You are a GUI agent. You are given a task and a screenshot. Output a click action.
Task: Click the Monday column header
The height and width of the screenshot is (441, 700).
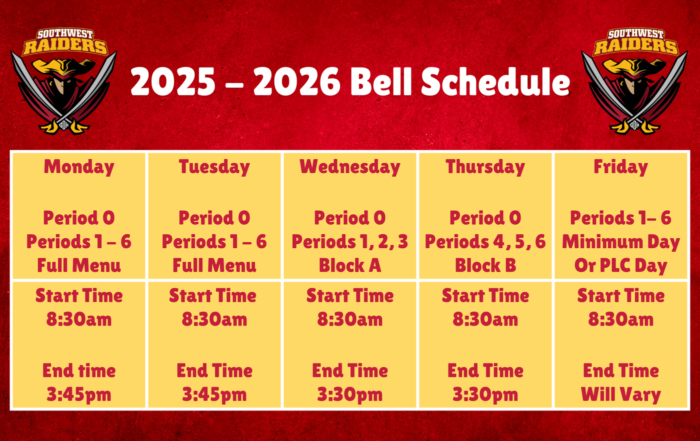point(79,167)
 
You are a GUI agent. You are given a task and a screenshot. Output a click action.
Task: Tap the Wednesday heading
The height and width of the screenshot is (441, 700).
point(350,167)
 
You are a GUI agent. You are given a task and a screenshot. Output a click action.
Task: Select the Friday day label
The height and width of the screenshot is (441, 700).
point(620,167)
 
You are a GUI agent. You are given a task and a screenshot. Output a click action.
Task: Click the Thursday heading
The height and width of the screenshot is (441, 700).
point(485,167)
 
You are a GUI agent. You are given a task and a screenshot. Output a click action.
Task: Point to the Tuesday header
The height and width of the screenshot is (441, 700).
point(214,167)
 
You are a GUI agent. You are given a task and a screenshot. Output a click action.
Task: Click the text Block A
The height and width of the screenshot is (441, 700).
point(350,265)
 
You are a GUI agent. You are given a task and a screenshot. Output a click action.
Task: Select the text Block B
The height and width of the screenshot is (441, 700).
point(485,265)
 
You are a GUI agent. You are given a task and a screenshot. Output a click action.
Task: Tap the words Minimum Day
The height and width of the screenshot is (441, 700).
point(621,242)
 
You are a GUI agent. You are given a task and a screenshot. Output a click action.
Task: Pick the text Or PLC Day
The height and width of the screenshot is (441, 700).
point(621,266)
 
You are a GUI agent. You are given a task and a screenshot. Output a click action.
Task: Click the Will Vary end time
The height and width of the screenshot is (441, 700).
point(621,394)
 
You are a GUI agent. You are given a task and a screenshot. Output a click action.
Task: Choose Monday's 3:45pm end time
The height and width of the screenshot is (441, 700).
point(79,394)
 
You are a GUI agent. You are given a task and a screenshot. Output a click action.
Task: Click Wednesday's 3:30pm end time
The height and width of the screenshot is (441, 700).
point(350,394)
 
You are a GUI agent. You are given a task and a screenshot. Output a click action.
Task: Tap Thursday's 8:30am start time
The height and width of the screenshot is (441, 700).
point(485,320)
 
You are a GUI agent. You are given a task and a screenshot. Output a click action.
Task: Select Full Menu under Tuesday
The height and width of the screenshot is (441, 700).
point(214,265)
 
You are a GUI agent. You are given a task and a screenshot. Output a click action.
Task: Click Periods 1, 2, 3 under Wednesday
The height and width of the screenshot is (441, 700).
point(350,242)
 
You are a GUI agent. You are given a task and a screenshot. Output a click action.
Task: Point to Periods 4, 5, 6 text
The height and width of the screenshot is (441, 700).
point(485,242)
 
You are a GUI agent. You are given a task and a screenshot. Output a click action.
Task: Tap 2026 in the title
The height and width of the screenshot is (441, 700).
point(297,81)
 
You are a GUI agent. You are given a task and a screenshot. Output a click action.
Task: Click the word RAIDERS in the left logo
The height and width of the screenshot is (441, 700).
point(65,47)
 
